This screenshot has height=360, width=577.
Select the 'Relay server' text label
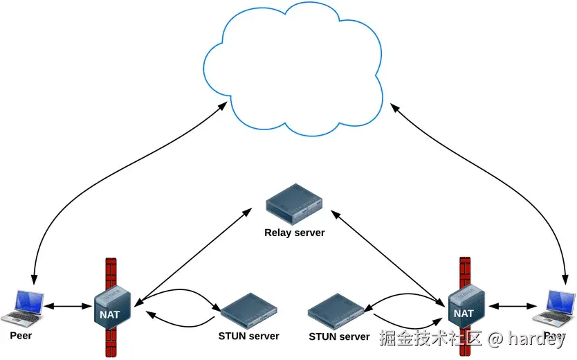click(295, 233)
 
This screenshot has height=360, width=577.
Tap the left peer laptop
click(21, 309)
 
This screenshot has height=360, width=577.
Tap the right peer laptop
click(557, 308)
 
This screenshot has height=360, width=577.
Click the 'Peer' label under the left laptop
click(21, 336)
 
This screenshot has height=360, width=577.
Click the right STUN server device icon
click(337, 312)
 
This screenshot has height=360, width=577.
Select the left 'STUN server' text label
click(248, 336)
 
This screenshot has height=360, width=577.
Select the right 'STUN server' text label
click(339, 337)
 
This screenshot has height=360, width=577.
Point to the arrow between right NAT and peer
click(513, 305)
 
